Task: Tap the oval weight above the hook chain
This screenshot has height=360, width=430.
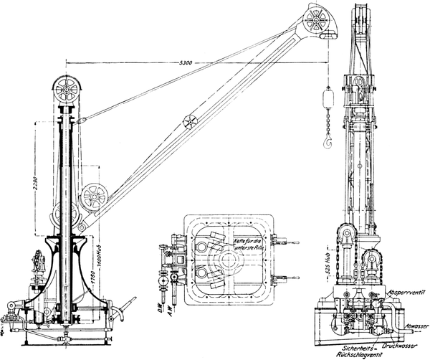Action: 327,96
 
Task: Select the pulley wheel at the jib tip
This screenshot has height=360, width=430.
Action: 316,22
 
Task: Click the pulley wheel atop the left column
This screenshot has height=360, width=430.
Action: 68,92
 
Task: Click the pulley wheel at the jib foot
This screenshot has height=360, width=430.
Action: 94,199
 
